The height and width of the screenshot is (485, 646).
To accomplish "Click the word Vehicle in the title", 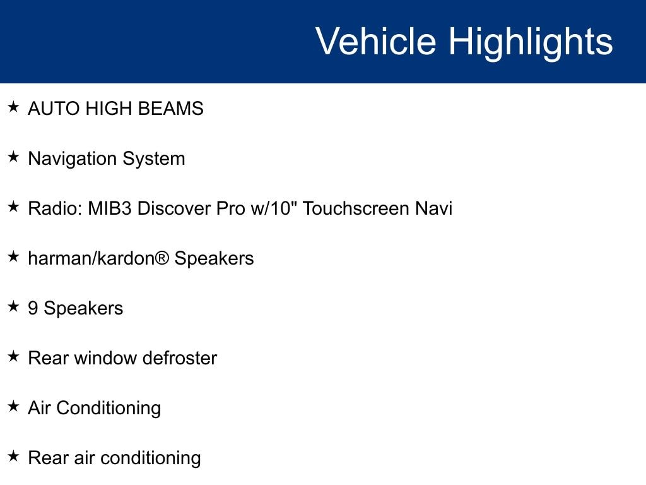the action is click(376, 41).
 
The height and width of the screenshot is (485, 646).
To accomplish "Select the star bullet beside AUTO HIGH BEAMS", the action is click(13, 107).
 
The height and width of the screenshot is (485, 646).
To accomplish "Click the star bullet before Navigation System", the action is click(13, 157).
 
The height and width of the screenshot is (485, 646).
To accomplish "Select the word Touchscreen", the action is click(356, 208).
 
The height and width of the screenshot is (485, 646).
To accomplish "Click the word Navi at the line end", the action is click(434, 208).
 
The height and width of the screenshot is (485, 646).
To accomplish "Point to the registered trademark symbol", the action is click(162, 258).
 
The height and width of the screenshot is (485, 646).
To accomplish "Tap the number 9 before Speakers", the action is click(33, 308).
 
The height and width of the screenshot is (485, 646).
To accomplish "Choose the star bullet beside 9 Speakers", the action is click(13, 306).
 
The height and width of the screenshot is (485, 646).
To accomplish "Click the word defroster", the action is click(180, 358).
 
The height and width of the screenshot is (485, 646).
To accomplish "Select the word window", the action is click(105, 358).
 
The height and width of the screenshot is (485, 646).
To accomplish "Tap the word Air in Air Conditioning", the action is click(39, 408).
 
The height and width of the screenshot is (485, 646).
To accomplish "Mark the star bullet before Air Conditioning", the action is click(13, 406).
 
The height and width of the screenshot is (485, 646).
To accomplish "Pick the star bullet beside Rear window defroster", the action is click(13, 356).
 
